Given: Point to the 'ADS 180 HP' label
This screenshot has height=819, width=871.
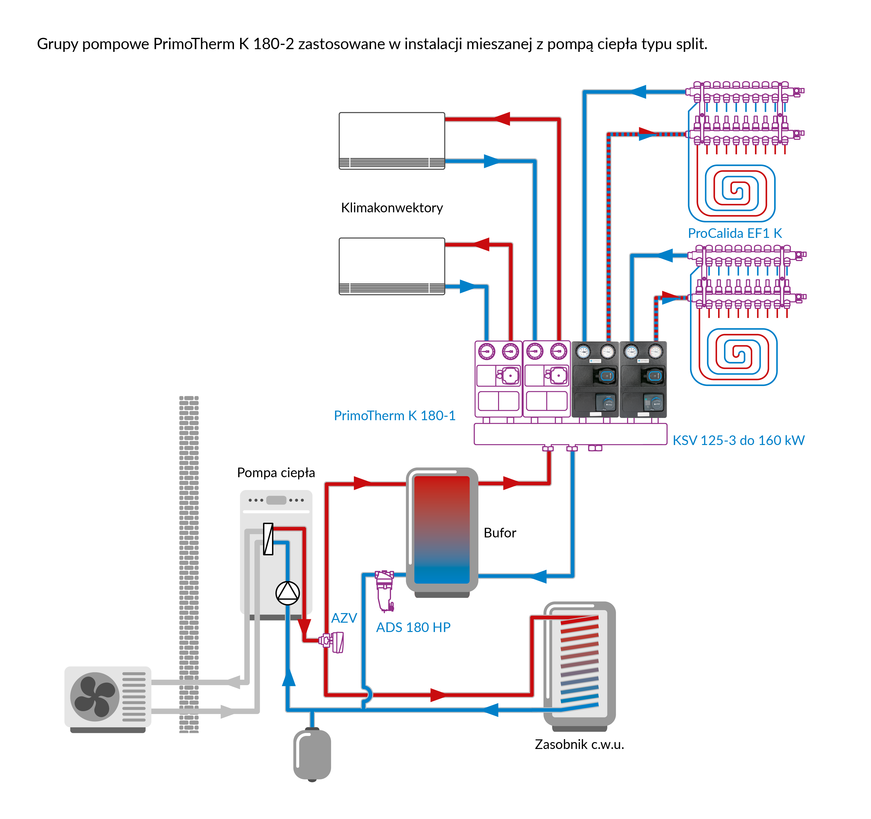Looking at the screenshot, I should pos(413,627).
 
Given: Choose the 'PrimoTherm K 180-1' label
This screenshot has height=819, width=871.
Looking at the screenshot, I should pos(394,415).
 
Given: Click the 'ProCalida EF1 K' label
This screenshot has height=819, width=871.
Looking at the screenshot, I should pos(735,233).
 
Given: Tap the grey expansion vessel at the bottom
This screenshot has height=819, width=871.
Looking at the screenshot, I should pos(312,754).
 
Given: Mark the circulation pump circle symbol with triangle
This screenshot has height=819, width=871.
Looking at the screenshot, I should pos(287,593).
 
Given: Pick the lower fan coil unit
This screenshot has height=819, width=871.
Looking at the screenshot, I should pos(392,266).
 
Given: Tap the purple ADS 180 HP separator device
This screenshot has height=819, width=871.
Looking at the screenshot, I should pos(385,590).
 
